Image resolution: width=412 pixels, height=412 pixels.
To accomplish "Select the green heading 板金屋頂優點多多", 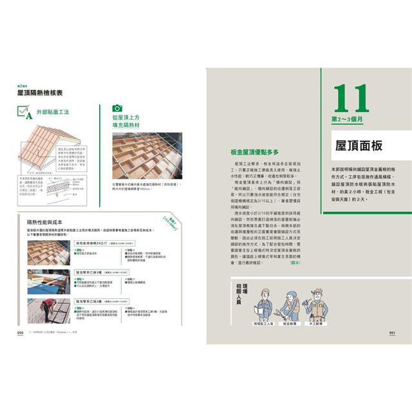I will (255, 153).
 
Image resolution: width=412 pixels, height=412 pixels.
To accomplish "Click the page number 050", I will (21, 332).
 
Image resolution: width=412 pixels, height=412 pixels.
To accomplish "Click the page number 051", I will (391, 332).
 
